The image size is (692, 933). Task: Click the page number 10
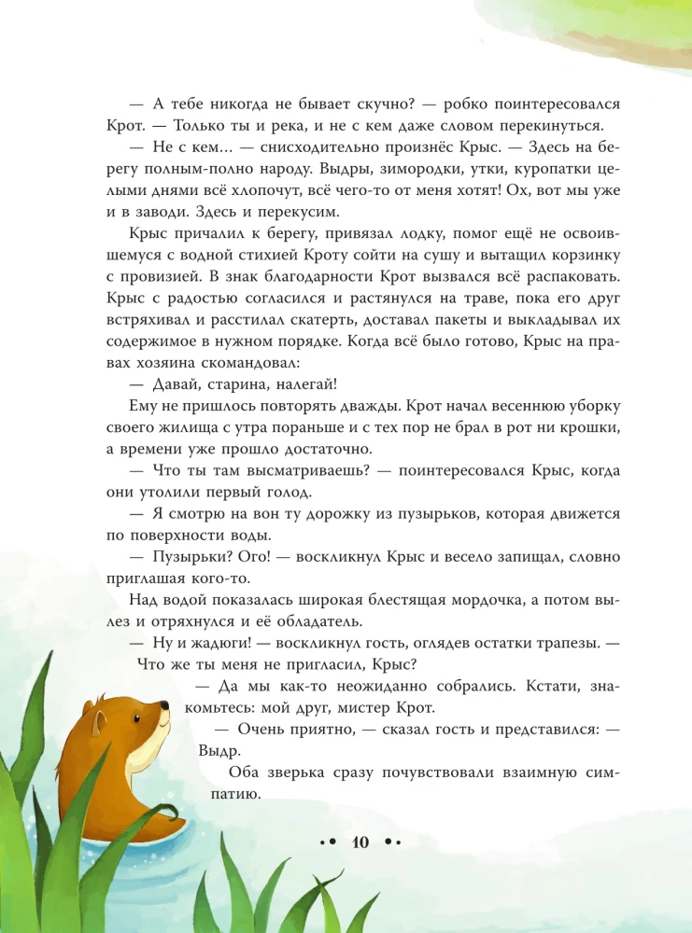360,841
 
